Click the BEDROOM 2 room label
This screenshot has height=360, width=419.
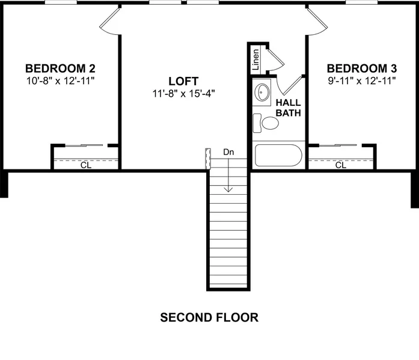[x=60, y=69]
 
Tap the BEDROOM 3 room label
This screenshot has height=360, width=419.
[x=362, y=69]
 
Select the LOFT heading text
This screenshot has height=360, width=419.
[x=183, y=81]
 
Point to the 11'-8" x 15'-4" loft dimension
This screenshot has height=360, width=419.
[x=183, y=94]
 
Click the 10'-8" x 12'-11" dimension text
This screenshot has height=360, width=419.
[x=60, y=81]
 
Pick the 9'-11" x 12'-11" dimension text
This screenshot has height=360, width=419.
[x=362, y=81]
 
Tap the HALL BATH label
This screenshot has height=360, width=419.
[x=289, y=108]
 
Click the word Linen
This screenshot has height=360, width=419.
[x=255, y=59]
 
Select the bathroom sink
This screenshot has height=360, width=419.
[x=262, y=92]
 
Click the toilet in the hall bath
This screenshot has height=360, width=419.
[x=266, y=123]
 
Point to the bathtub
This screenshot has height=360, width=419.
[x=278, y=156]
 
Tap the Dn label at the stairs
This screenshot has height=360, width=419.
[x=228, y=152]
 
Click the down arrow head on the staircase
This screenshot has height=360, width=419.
[x=228, y=189]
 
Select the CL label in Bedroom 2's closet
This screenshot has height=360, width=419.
[x=86, y=165]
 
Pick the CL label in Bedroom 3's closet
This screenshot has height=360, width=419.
[x=341, y=165]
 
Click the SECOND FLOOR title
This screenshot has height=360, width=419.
[x=209, y=317]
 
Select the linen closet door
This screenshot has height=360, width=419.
[x=276, y=59]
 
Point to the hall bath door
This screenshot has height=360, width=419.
[x=290, y=85]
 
